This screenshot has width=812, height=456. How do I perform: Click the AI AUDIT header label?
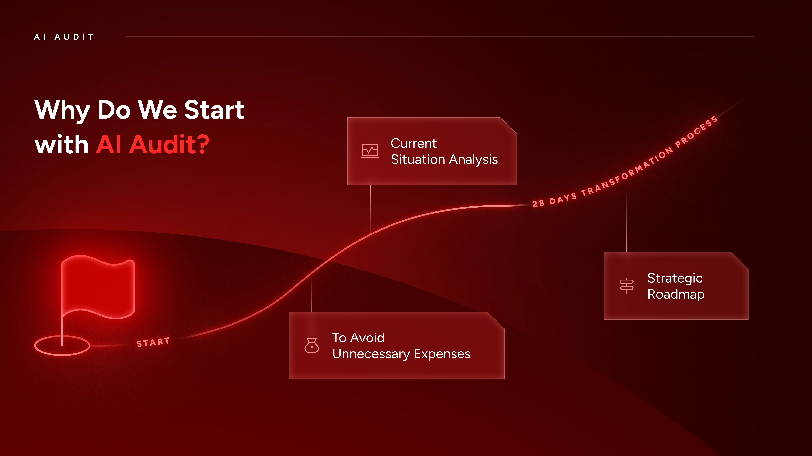point(64,37)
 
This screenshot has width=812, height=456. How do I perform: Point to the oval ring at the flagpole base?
point(62,355)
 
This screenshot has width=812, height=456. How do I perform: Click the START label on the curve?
point(153,342)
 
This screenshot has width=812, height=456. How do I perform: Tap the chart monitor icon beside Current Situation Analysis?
point(370,151)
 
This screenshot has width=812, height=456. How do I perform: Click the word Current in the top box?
point(414,144)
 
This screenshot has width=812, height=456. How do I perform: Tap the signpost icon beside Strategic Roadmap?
point(627,286)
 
